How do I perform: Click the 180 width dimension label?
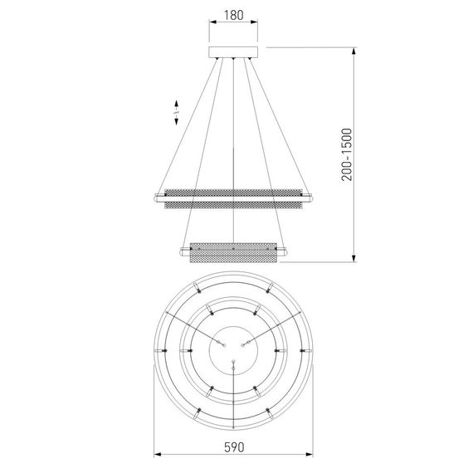point(234,15)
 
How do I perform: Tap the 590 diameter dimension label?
point(234,447)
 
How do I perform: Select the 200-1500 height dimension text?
point(347,154)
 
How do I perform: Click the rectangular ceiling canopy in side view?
point(233,52)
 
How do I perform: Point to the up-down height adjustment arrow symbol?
point(177,113)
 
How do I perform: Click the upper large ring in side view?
point(233,199)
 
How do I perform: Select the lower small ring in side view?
point(233,252)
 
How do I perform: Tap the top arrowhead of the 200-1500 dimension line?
point(354,51)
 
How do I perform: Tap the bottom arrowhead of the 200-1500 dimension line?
point(354,258)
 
